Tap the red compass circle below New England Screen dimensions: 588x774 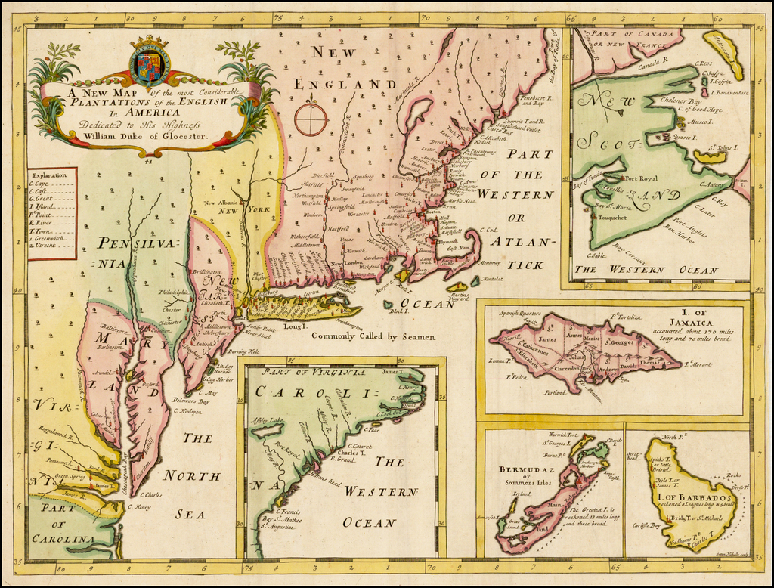point(311,119)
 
